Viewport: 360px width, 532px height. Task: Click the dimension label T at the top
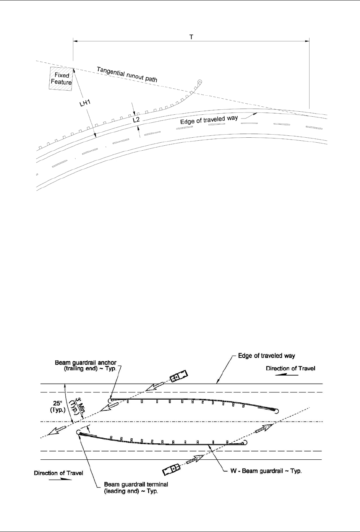click(191, 36)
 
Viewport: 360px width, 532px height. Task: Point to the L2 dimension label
click(136, 120)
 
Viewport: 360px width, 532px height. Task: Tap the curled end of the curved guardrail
click(199, 82)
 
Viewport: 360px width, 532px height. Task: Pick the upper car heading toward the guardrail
click(178, 376)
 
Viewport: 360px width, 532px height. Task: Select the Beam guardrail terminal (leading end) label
click(136, 488)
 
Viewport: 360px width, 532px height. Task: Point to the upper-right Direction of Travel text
click(290, 369)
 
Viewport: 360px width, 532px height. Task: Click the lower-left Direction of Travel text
click(58, 473)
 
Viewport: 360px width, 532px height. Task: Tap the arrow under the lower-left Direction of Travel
click(63, 480)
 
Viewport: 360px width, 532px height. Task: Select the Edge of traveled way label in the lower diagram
click(266, 356)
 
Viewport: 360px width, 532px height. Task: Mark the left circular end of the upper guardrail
click(110, 401)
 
